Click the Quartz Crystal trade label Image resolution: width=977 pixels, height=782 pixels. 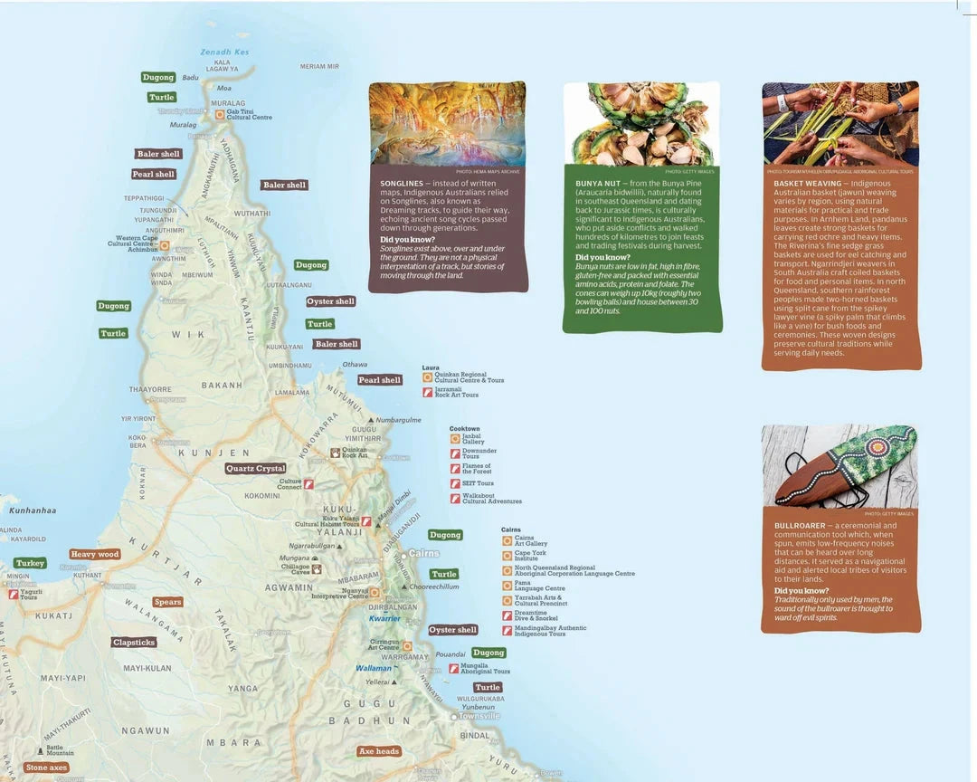(x=255, y=469)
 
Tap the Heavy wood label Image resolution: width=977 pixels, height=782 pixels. (x=95, y=554)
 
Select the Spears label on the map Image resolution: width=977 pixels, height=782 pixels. (x=167, y=602)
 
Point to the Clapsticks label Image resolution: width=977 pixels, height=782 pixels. (x=134, y=643)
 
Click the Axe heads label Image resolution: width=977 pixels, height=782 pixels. (x=379, y=751)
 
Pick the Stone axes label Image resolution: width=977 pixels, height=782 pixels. (x=46, y=768)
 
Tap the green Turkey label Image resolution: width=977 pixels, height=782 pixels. (x=30, y=563)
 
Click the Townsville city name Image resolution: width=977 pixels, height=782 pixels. (x=479, y=716)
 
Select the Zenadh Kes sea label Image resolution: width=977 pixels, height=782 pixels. (x=224, y=52)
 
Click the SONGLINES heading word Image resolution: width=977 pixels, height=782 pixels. (x=402, y=183)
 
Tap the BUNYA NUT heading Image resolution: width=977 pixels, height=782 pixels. (x=597, y=183)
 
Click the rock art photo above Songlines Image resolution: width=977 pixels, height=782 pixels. (x=447, y=123)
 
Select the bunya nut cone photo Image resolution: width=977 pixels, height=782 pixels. (x=640, y=124)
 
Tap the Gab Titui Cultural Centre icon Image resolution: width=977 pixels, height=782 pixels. (x=219, y=115)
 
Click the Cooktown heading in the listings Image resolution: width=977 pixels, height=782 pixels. (x=464, y=429)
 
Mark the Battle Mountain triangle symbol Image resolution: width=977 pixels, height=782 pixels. (x=38, y=748)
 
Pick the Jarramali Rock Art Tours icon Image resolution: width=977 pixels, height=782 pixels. (x=428, y=392)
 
